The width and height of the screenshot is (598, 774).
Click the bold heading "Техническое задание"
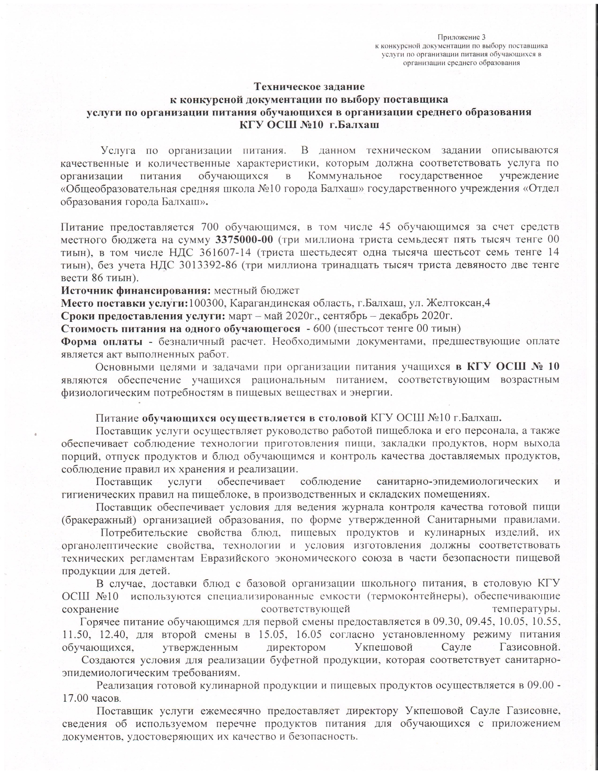point(309,87)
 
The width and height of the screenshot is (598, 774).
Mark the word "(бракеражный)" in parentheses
point(99,520)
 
